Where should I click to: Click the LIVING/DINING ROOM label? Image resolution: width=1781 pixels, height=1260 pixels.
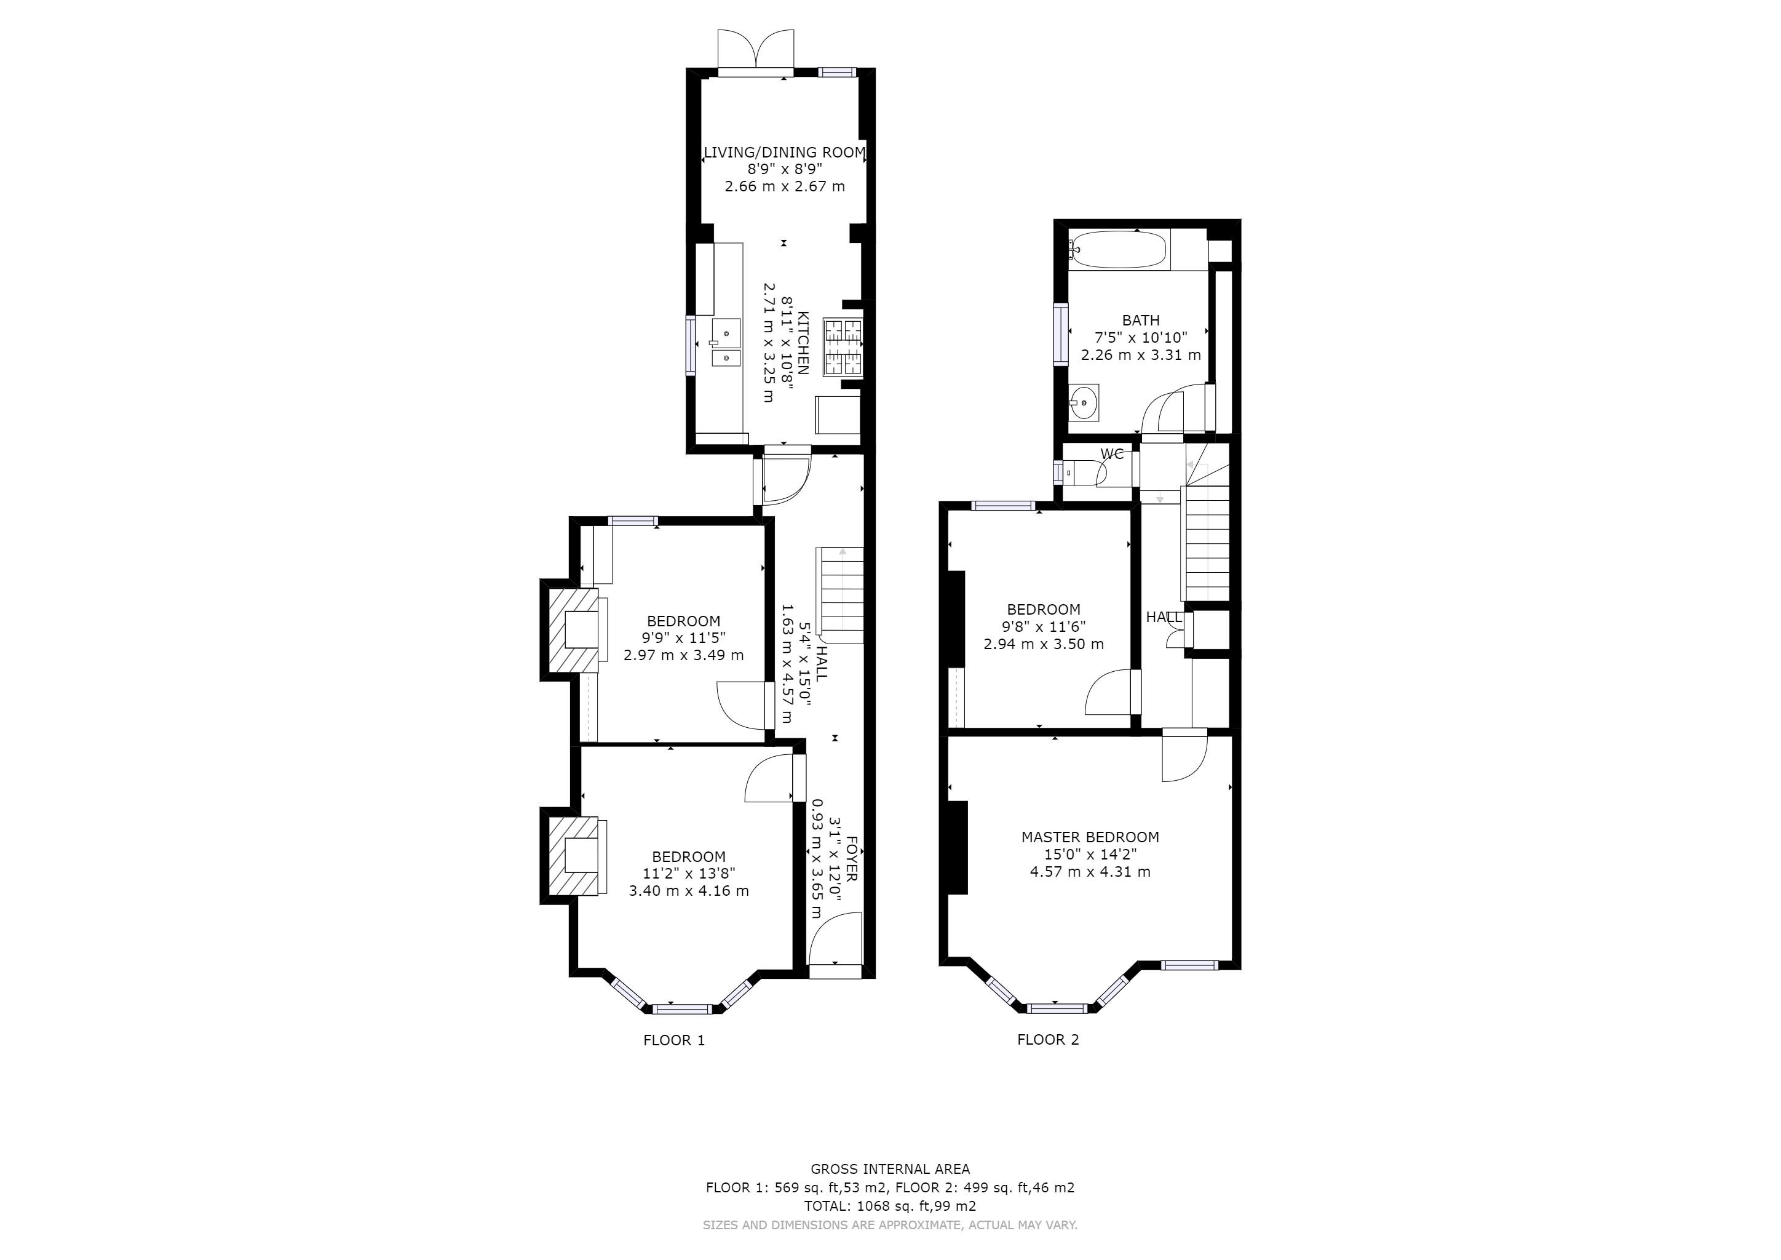click(784, 152)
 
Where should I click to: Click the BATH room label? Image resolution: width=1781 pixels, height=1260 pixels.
click(1140, 321)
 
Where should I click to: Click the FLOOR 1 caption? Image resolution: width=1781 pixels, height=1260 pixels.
click(674, 1040)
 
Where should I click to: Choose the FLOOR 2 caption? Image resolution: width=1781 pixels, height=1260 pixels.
click(1048, 1040)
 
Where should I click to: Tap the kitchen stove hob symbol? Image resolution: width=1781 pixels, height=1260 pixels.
click(843, 348)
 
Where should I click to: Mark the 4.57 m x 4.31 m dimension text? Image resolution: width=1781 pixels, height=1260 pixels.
click(1090, 871)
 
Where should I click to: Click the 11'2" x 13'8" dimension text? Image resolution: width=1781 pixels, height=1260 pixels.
click(689, 874)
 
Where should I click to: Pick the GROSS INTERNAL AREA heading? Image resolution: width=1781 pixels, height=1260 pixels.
click(890, 1168)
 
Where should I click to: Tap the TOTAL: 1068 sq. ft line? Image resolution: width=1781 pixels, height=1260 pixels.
click(890, 1206)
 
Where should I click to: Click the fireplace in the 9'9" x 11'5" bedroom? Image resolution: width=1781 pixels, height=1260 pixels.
click(574, 630)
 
